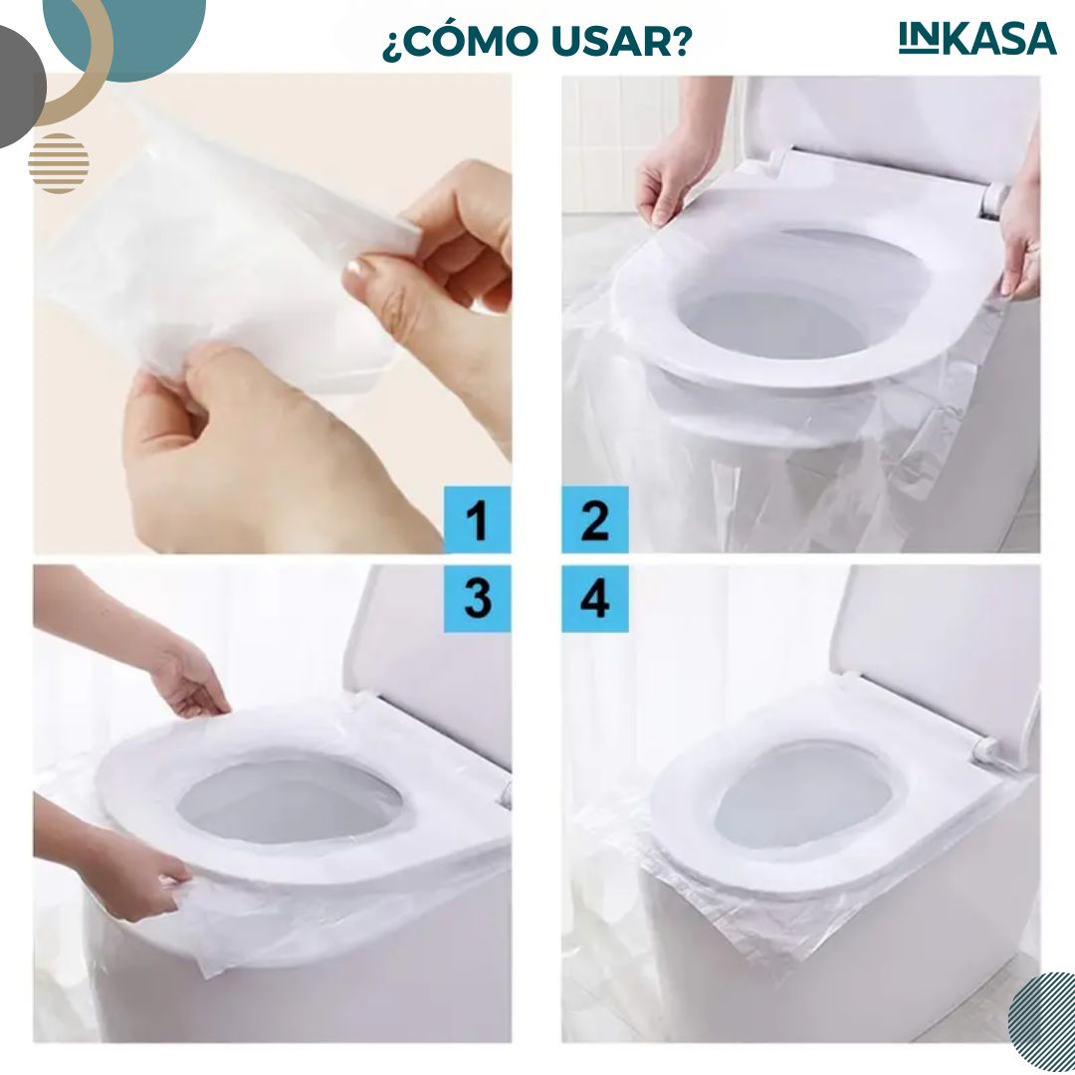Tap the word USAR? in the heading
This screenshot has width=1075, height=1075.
pos(621,42)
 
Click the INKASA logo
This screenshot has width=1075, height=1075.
pos(977,39)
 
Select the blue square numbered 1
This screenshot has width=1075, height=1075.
pos(477,519)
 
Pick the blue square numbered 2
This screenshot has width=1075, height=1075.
pos(595,519)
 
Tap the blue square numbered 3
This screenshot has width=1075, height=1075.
pos(477,598)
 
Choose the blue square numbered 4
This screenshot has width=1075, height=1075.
pos(595,598)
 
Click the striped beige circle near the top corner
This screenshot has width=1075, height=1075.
pos(59,163)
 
